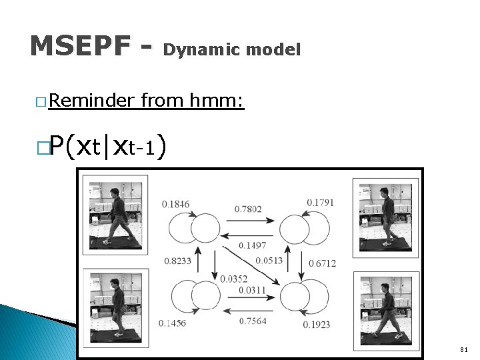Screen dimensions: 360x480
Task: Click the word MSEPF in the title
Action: (80, 46)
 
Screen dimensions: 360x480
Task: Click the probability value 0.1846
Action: (175, 204)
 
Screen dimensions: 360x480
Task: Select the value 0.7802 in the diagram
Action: (248, 209)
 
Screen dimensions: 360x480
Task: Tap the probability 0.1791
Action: (321, 203)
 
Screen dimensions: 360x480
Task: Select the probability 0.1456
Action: (174, 323)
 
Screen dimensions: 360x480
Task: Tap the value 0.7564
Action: (253, 321)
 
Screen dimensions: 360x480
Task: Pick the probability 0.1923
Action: (317, 325)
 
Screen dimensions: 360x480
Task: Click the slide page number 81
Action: (463, 349)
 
